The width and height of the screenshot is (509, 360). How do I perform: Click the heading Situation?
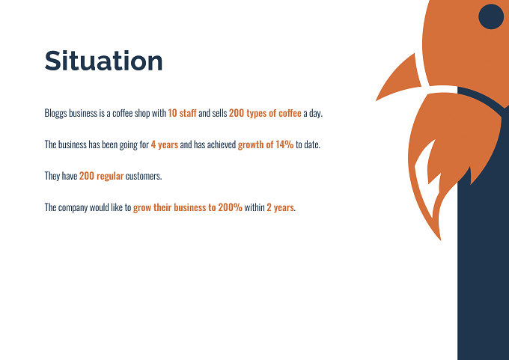pyautogui.click(x=103, y=61)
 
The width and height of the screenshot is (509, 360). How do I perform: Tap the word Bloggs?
pyautogui.click(x=55, y=113)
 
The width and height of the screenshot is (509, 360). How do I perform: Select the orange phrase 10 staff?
pyautogui.click(x=182, y=113)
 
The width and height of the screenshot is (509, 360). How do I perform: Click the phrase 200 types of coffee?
pyautogui.click(x=265, y=113)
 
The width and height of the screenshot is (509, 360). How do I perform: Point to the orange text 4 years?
pyautogui.click(x=164, y=144)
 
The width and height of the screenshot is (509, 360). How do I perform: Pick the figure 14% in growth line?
pyautogui.click(x=284, y=144)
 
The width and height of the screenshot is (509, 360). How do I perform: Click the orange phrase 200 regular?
pyautogui.click(x=101, y=176)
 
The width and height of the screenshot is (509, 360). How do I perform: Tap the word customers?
pyautogui.click(x=144, y=176)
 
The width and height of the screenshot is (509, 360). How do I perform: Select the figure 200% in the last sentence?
pyautogui.click(x=230, y=207)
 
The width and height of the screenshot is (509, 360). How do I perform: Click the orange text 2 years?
pyautogui.click(x=281, y=207)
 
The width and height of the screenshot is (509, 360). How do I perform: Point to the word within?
pyautogui.click(x=254, y=207)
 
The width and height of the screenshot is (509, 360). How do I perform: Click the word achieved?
pyautogui.click(x=222, y=144)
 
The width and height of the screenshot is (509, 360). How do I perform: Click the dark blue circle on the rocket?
pyautogui.click(x=491, y=16)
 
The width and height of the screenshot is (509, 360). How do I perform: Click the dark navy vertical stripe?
pyautogui.click(x=483, y=260)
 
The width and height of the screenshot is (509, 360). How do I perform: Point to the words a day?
pyautogui.click(x=313, y=114)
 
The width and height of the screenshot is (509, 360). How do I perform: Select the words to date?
pyautogui.click(x=308, y=144)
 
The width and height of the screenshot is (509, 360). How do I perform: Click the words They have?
pyautogui.click(x=61, y=176)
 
